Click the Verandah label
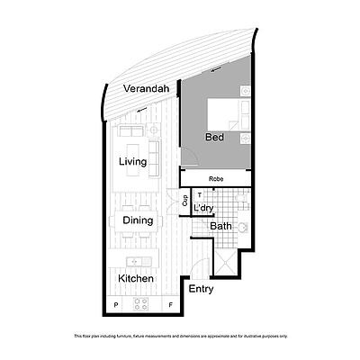148,90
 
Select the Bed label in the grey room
214,138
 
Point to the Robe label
215,179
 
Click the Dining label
138,220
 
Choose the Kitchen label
137,279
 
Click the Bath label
221,227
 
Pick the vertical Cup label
184,202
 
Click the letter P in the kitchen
115,305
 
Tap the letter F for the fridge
172,305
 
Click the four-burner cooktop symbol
140,305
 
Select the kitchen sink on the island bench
134,261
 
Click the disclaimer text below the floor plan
180,336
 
